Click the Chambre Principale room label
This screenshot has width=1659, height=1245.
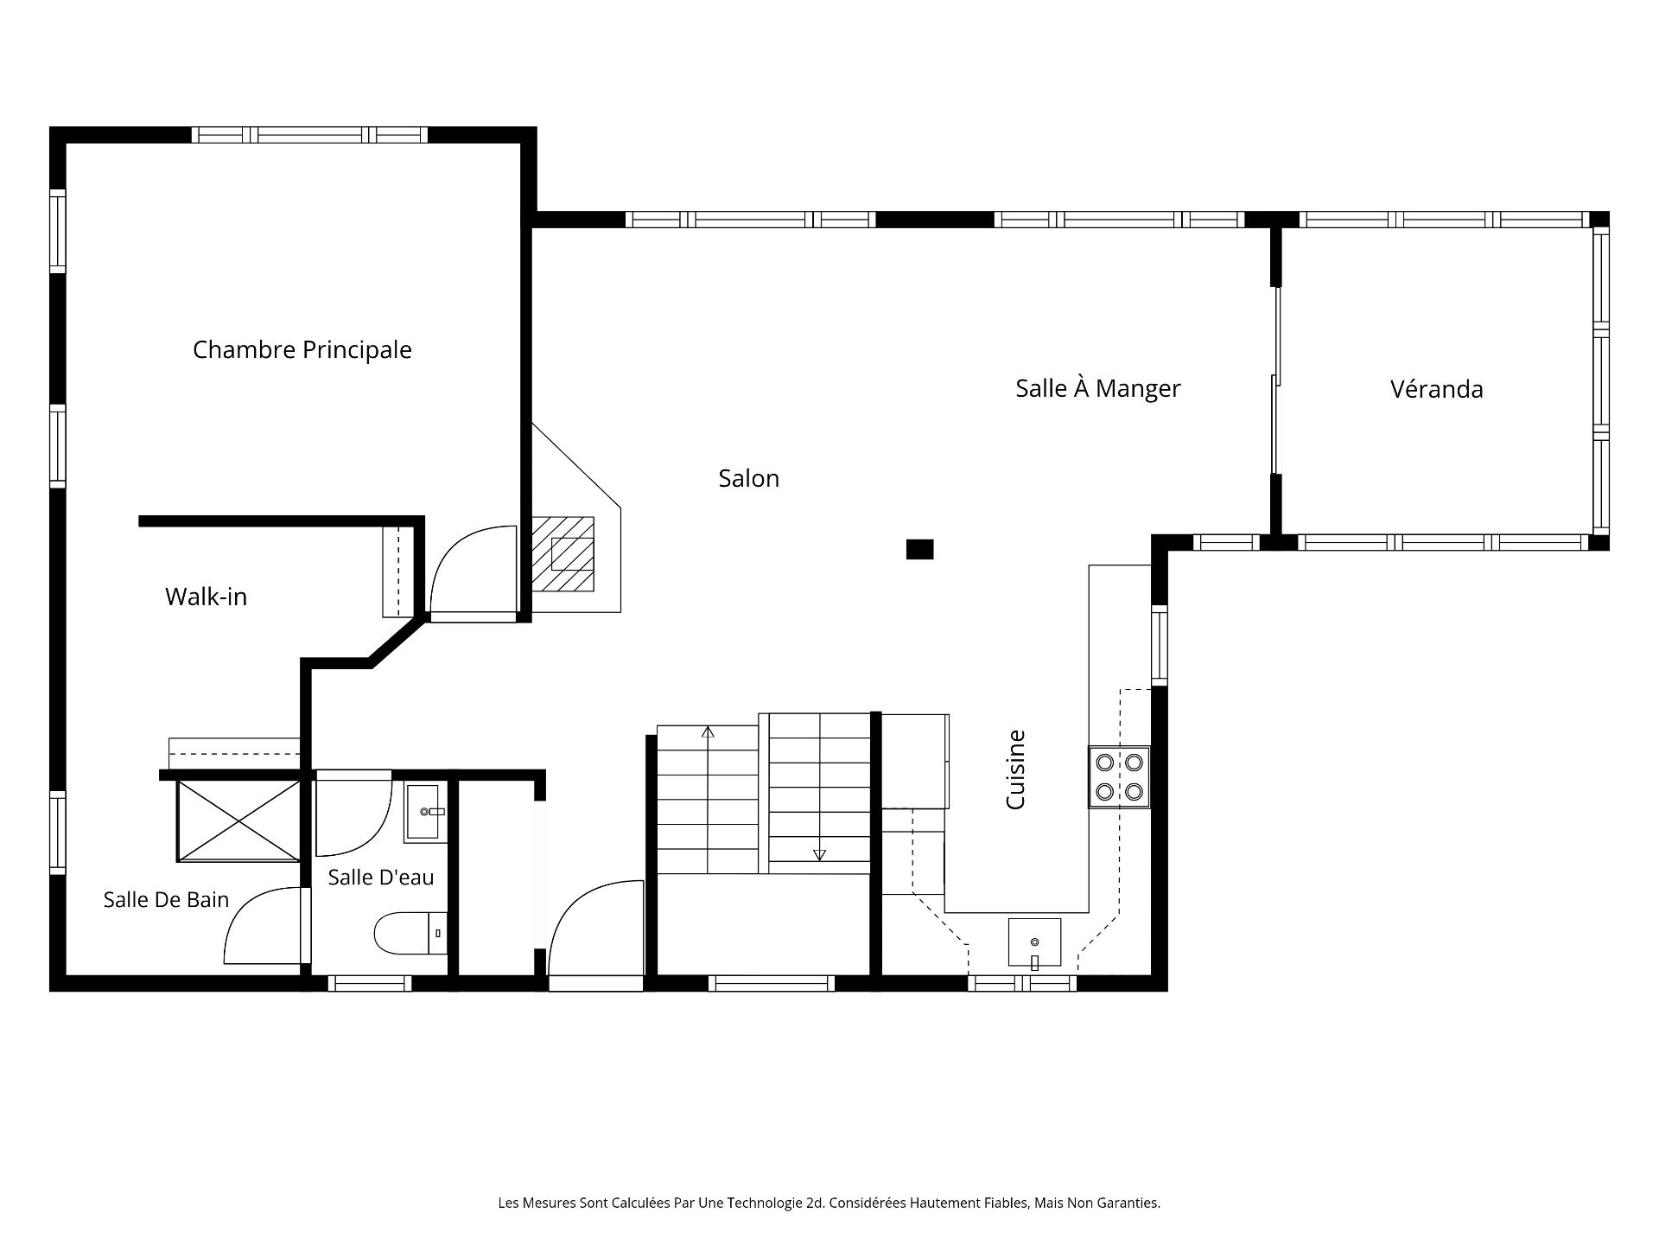[x=302, y=350]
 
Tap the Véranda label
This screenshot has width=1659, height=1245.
[x=1436, y=389]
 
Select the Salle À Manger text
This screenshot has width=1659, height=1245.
[x=1097, y=388]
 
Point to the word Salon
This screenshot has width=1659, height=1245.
[x=748, y=478]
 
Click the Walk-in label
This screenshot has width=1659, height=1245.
[x=206, y=597]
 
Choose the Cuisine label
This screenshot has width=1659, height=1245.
[x=1015, y=769]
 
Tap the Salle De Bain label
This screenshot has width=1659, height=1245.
[x=166, y=899]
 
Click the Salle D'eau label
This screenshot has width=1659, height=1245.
[x=380, y=877]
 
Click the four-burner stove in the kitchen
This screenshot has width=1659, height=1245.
[x=1119, y=776]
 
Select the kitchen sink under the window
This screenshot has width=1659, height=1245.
[x=1034, y=942]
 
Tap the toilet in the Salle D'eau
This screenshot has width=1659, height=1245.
[x=410, y=933]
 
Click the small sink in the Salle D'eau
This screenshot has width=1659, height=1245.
[x=425, y=813]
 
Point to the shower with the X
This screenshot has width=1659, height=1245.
[x=238, y=820]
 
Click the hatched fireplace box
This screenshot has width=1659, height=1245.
[x=563, y=553]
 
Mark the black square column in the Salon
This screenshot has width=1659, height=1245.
[x=919, y=549]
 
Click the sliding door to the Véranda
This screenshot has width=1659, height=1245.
[x=1275, y=380]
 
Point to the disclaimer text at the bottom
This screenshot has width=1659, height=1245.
[x=829, y=1203]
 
